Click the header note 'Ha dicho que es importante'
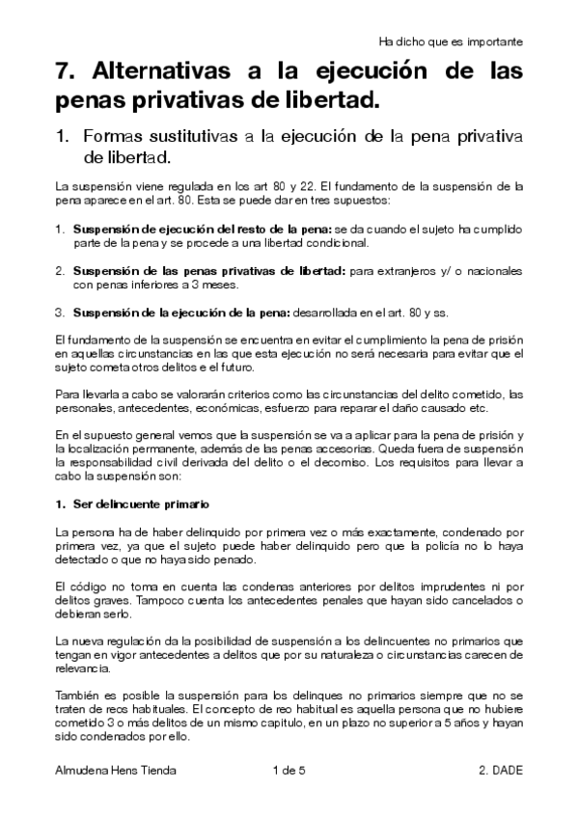452,41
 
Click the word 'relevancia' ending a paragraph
81,668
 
